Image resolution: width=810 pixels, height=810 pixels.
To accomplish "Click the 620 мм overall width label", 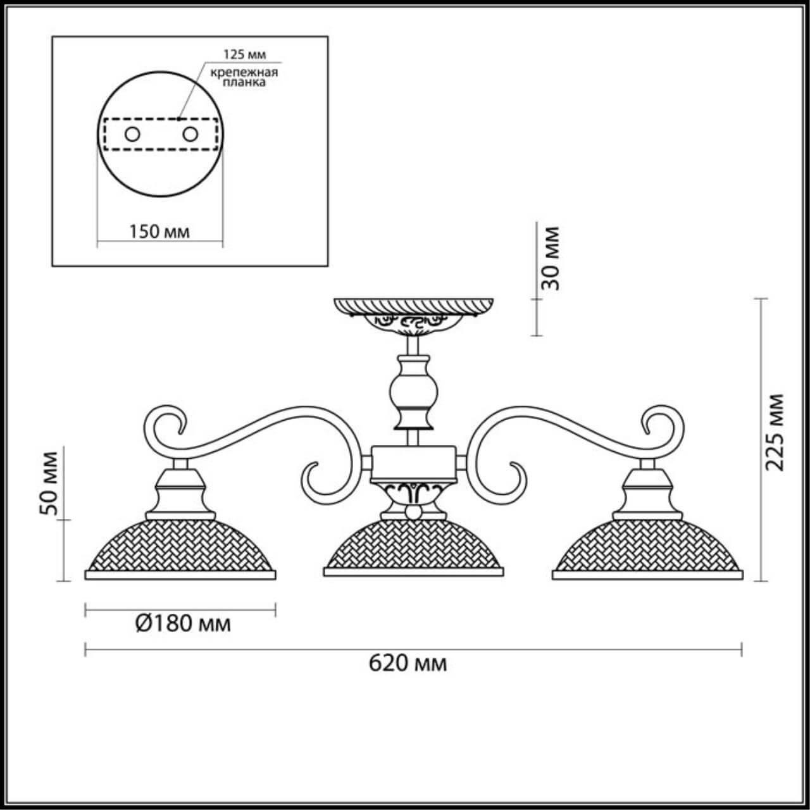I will pyautogui.click(x=408, y=664).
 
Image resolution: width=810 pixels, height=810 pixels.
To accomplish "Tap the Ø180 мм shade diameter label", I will pyautogui.click(x=183, y=624).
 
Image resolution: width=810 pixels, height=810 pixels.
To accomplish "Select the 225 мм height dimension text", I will pyautogui.click(x=775, y=432).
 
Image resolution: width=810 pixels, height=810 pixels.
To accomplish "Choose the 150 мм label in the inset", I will pyautogui.click(x=159, y=232).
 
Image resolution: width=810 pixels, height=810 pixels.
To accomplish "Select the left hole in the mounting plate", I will pyautogui.click(x=132, y=135).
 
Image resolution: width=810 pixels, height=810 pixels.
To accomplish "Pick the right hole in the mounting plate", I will pyautogui.click(x=189, y=135).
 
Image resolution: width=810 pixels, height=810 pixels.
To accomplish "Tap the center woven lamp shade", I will pyautogui.click(x=414, y=544).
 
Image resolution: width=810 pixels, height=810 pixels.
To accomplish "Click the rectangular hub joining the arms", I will pyautogui.click(x=413, y=464).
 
